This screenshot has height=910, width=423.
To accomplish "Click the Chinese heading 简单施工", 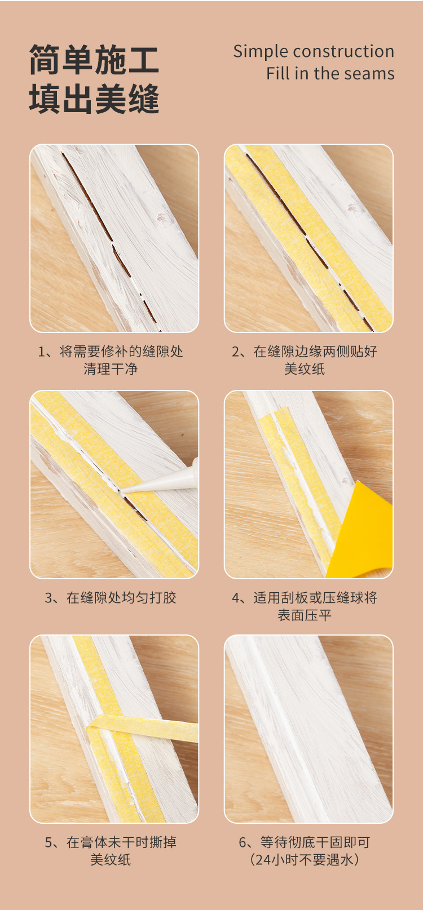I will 94,60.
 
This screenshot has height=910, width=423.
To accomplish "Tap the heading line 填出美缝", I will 94,99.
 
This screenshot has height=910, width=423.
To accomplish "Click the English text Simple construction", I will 314,51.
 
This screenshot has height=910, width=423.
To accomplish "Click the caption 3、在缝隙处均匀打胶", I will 111,598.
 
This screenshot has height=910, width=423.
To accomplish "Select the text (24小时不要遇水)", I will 305,859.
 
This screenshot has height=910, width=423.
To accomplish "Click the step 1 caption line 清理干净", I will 111,369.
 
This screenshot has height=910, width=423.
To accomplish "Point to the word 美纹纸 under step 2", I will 305,369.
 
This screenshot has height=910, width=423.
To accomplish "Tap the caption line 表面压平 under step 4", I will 305,615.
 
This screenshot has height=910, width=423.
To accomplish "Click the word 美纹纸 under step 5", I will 111,859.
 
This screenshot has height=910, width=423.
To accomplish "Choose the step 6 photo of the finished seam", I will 309,729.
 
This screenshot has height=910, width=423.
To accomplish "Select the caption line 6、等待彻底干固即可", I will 305,842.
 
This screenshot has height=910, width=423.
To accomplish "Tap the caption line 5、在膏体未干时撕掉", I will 111,842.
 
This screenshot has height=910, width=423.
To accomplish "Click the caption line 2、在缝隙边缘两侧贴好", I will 305,352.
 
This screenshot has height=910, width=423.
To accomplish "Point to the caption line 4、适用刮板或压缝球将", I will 305,598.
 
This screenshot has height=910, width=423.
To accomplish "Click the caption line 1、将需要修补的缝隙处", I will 111,352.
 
